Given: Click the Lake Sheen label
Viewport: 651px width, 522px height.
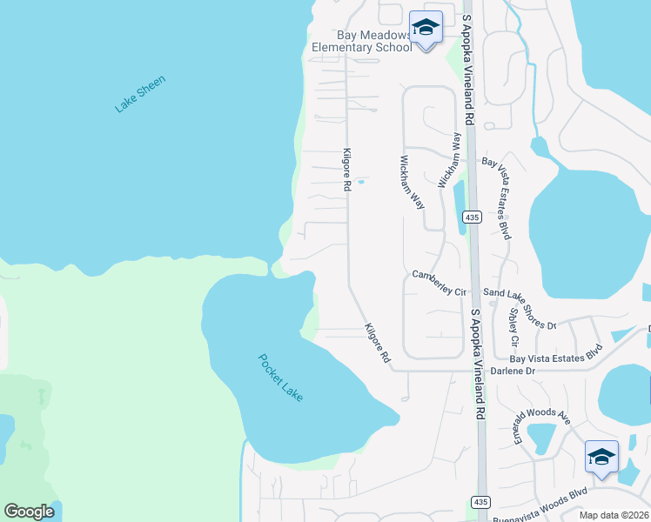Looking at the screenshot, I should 140,94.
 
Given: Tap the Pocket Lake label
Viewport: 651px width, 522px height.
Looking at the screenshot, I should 280,378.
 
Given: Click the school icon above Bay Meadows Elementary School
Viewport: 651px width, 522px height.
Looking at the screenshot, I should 426,28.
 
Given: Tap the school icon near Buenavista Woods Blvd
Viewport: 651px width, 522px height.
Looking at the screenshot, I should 601,457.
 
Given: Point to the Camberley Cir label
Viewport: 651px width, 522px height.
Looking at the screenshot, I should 440,284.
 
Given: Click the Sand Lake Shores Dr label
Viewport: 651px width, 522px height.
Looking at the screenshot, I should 520,310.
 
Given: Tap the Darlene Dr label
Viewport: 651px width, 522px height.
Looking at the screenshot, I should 534,371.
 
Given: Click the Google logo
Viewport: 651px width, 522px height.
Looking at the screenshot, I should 29,512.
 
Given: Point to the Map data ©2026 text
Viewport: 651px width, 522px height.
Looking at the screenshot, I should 614,515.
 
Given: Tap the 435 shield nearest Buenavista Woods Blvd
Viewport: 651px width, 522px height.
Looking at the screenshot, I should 480,502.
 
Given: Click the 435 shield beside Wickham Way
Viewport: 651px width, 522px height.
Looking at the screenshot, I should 473,217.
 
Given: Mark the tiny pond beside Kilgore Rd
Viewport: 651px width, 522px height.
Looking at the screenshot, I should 359,180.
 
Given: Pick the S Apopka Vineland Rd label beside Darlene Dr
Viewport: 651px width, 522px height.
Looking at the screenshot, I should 477,365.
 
